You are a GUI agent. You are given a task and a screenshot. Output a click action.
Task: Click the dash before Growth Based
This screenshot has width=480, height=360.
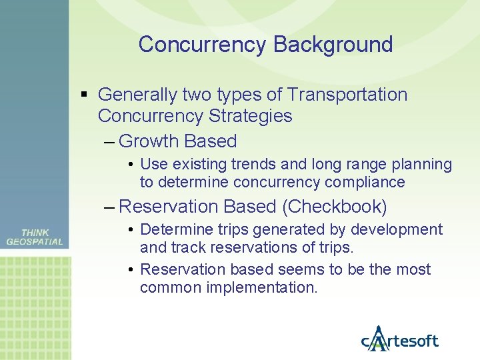click(109, 141)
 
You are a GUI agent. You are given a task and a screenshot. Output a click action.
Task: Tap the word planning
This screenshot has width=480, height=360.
click(420, 164)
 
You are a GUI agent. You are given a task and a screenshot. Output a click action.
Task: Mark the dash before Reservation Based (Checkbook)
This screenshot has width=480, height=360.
click(109, 207)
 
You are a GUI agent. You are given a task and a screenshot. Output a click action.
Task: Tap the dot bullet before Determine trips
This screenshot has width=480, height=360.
click(133, 230)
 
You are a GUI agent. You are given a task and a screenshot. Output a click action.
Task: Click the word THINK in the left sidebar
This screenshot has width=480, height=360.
click(35, 233)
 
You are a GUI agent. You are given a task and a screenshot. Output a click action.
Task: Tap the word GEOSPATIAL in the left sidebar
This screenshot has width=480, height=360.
click(35, 242)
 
